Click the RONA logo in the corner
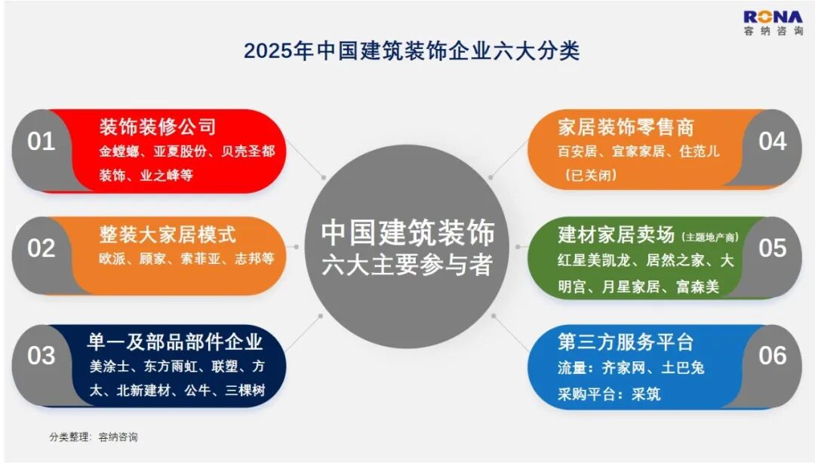pos(773,23)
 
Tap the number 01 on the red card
pos(41,141)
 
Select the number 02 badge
pos(41,248)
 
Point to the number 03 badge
pos(41,355)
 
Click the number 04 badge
pos(773,141)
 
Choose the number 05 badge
pos(773,248)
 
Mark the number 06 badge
pos(773,355)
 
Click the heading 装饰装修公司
pos(158,127)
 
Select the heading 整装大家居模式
pos(168,235)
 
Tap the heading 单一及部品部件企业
pos(175,342)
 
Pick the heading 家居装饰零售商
pos(626,127)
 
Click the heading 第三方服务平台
pos(626,342)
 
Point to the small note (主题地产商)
pos(710,238)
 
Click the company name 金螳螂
pos(119,152)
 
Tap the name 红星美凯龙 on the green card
pos(594,260)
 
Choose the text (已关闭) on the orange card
pos(590,175)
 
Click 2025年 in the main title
pos(278,51)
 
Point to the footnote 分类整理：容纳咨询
pos(94,437)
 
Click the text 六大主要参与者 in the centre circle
pos(407,265)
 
